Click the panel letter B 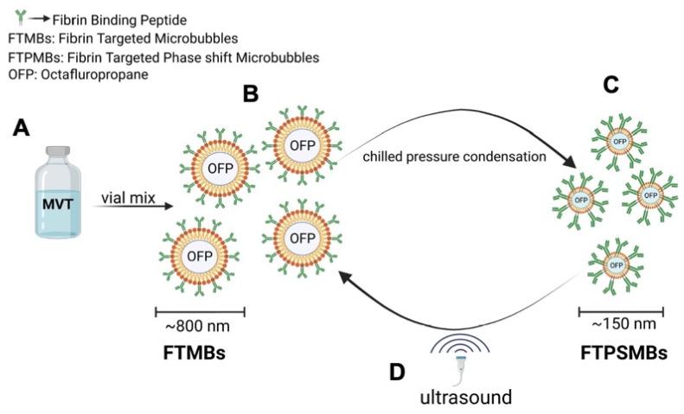click(x=251, y=93)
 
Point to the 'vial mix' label click(x=125, y=197)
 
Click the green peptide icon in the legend click(x=11, y=16)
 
